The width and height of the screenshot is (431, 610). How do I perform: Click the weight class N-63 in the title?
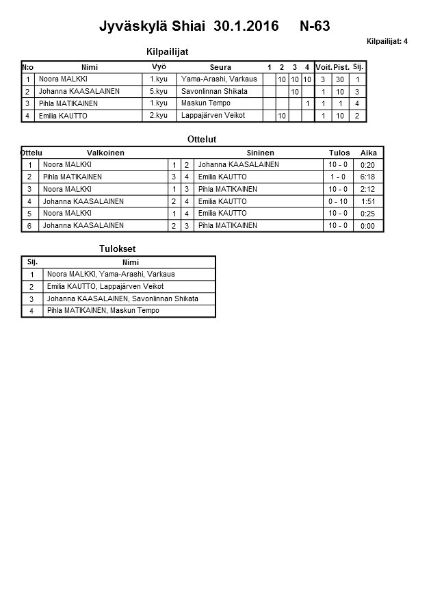click(x=315, y=27)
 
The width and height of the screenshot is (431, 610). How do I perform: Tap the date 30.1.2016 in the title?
click(x=246, y=27)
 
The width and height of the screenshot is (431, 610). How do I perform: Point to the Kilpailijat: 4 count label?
click(x=387, y=42)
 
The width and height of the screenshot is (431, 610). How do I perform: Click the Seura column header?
click(x=220, y=67)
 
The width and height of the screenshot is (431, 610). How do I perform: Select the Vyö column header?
click(x=159, y=66)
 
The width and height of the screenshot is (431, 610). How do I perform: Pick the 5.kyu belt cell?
click(x=159, y=91)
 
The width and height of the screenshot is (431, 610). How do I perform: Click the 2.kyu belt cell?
click(x=159, y=116)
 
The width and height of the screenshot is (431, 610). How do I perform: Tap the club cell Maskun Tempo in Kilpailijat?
click(x=206, y=103)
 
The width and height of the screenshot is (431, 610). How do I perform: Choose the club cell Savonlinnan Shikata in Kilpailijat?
click(x=214, y=91)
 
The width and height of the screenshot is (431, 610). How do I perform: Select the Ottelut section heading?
click(x=202, y=140)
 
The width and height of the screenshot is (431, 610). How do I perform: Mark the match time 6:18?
click(x=367, y=177)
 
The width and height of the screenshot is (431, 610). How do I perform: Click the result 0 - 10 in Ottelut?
click(x=338, y=201)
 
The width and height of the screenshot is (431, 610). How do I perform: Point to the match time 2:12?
click(x=367, y=190)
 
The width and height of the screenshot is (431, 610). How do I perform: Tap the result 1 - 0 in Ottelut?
click(x=338, y=177)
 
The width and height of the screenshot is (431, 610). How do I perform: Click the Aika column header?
click(x=369, y=153)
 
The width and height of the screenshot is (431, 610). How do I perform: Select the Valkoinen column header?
click(x=105, y=153)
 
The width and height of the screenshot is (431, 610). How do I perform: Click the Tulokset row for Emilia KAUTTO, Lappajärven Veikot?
click(x=105, y=287)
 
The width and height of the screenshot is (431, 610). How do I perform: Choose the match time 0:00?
click(x=367, y=226)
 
